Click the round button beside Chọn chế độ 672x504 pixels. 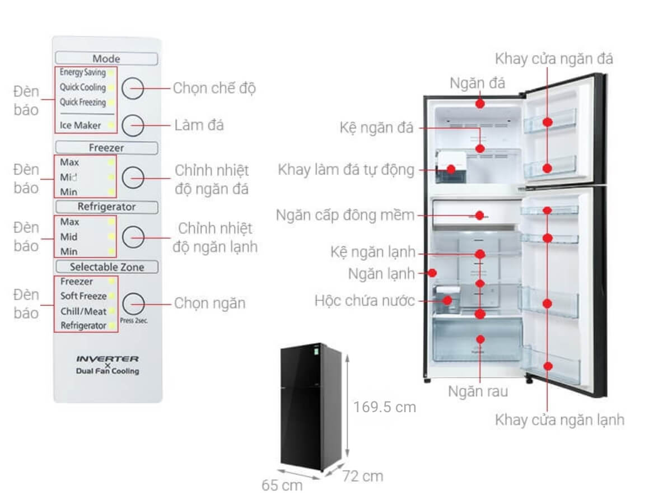[x=133, y=88]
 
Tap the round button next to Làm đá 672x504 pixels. [x=133, y=125]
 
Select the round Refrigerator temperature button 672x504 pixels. [x=133, y=237]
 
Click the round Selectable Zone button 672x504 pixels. [x=133, y=304]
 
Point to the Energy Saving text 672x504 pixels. [x=82, y=73]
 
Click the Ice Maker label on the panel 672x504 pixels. [x=81, y=125]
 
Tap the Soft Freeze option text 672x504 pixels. [x=83, y=296]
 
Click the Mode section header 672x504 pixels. [x=106, y=59]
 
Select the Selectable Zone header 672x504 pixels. [x=106, y=267]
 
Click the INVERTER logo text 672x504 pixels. [x=107, y=358]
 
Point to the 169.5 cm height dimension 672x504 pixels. [x=384, y=407]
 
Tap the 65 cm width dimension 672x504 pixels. [x=282, y=485]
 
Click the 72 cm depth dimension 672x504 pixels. [x=362, y=476]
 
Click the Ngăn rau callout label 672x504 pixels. [x=478, y=391]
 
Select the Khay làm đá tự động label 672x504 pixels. [x=346, y=170]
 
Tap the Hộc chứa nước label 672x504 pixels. [x=365, y=301]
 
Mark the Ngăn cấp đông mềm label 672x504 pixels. [x=345, y=215]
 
